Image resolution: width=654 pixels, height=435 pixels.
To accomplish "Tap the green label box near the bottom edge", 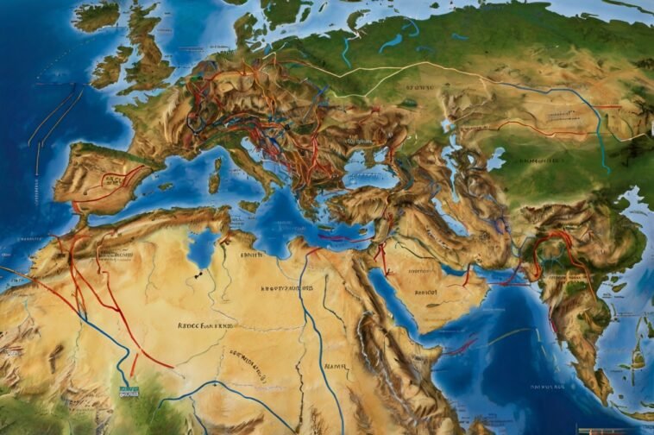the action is tap(129, 391).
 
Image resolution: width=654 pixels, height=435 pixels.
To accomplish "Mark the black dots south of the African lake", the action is tap(199, 274).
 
